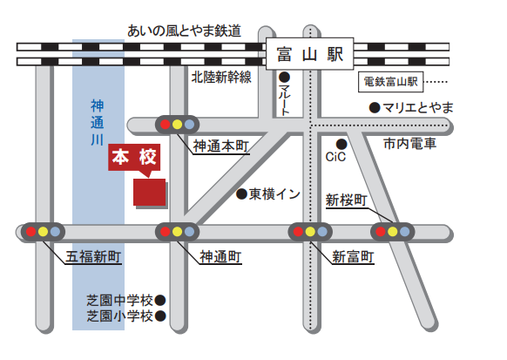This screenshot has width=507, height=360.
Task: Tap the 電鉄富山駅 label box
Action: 391,83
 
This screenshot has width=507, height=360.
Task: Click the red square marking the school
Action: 149,192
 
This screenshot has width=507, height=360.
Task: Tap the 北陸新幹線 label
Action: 221,78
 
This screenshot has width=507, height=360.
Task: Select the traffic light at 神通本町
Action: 177,124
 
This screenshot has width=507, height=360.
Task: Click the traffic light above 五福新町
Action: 44,232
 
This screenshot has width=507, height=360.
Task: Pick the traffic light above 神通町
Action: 177,232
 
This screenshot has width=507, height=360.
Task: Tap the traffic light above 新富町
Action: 310,232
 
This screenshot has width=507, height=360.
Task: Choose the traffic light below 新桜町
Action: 392,232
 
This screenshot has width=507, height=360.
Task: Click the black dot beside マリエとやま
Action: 374,108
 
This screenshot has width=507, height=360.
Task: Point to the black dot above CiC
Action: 342,143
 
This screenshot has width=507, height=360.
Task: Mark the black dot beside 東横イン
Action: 241,194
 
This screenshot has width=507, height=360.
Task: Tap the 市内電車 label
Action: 409,144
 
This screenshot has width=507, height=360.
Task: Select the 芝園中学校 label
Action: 119,299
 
